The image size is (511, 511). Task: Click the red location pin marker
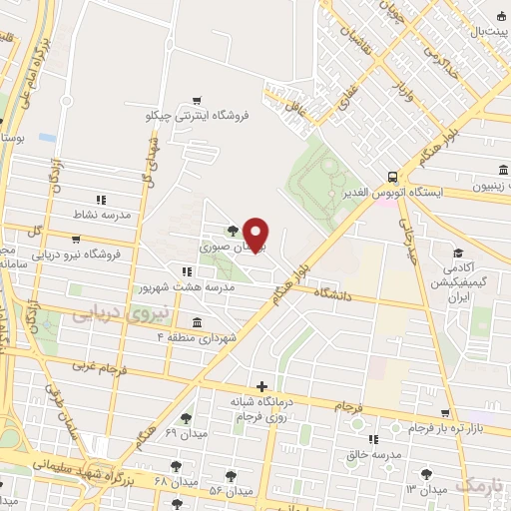point(256,234)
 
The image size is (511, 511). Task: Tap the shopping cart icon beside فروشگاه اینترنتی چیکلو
point(197,100)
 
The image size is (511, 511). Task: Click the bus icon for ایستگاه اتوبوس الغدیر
point(394,171)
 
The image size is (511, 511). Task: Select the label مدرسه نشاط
point(96,215)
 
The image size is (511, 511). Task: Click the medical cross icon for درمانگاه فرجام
point(261,386)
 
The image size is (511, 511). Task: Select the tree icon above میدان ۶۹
point(184,418)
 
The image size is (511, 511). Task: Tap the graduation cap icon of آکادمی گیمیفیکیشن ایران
point(458,254)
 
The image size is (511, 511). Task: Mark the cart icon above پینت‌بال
point(499,14)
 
